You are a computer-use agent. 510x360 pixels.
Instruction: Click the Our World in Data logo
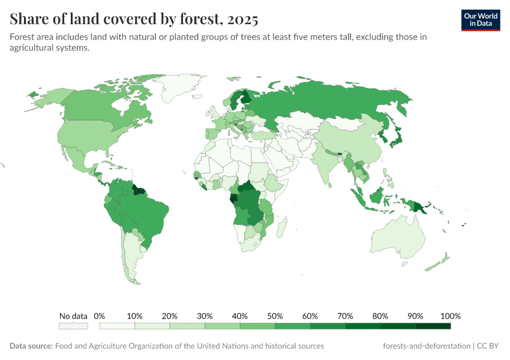[x=480, y=20]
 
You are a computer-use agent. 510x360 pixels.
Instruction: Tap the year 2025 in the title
[x=242, y=19]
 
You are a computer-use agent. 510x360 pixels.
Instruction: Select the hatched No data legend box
[x=73, y=326]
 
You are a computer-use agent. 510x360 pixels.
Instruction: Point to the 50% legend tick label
[x=275, y=316]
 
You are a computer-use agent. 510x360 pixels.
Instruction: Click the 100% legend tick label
[x=450, y=316]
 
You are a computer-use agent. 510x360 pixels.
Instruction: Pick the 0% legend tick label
[x=100, y=316]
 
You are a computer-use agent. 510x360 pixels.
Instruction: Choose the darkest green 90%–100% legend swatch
[x=433, y=326]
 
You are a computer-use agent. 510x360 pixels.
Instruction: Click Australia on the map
[x=400, y=237]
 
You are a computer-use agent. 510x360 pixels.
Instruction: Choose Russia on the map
[x=324, y=102]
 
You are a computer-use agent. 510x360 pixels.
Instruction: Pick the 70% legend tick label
[x=345, y=316]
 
